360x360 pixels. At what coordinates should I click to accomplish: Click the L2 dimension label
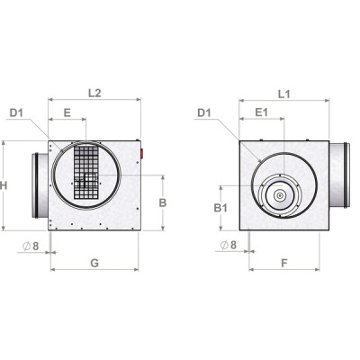pyautogui.click(x=94, y=92)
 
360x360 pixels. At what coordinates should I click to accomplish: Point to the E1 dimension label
pyautogui.click(x=260, y=112)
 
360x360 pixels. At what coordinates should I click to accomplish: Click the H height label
pyautogui.click(x=5, y=184)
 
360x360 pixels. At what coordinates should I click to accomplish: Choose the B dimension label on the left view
pyautogui.click(x=162, y=202)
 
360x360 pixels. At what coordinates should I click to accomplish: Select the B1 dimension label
pyautogui.click(x=220, y=208)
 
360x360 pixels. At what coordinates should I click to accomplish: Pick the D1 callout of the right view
pyautogui.click(x=202, y=112)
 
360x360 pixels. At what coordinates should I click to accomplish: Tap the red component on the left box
pyautogui.click(x=140, y=153)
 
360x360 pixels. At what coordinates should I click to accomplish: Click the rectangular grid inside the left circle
pyautogui.click(x=86, y=173)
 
